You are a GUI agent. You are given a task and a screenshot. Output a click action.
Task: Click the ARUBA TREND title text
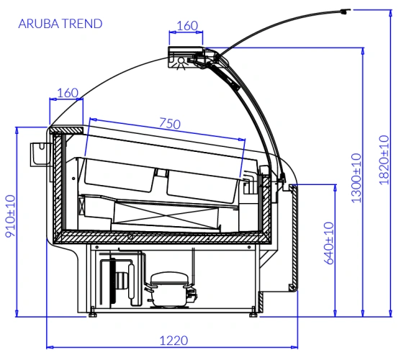click(x=60, y=24)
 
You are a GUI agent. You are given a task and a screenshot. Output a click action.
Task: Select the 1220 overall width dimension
click(x=174, y=341)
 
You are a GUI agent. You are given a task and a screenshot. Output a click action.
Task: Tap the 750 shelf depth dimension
click(x=170, y=123)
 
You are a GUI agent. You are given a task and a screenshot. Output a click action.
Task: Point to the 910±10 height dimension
click(x=11, y=216)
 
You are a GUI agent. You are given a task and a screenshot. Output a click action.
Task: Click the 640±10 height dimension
click(x=329, y=243)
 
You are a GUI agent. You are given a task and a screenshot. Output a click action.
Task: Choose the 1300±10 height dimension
click(x=357, y=178)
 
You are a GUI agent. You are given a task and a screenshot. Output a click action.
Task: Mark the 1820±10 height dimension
click(x=384, y=160)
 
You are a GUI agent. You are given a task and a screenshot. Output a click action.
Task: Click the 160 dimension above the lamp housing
click(x=187, y=26)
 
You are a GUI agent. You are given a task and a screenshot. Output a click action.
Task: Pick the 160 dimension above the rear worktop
click(x=68, y=93)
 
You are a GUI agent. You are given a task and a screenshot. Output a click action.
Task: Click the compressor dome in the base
click(x=169, y=278)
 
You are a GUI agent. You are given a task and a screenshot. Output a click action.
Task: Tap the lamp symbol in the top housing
click(x=181, y=62)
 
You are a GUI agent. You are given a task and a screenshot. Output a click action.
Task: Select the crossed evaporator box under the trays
click(x=166, y=215)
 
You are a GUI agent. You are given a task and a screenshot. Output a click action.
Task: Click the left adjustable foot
click(x=92, y=315)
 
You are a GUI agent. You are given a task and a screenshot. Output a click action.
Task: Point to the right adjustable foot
click(x=253, y=315)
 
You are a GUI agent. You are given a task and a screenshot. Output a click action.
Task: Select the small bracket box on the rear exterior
click(x=40, y=154)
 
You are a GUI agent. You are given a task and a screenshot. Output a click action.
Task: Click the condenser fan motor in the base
click(x=122, y=281)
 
